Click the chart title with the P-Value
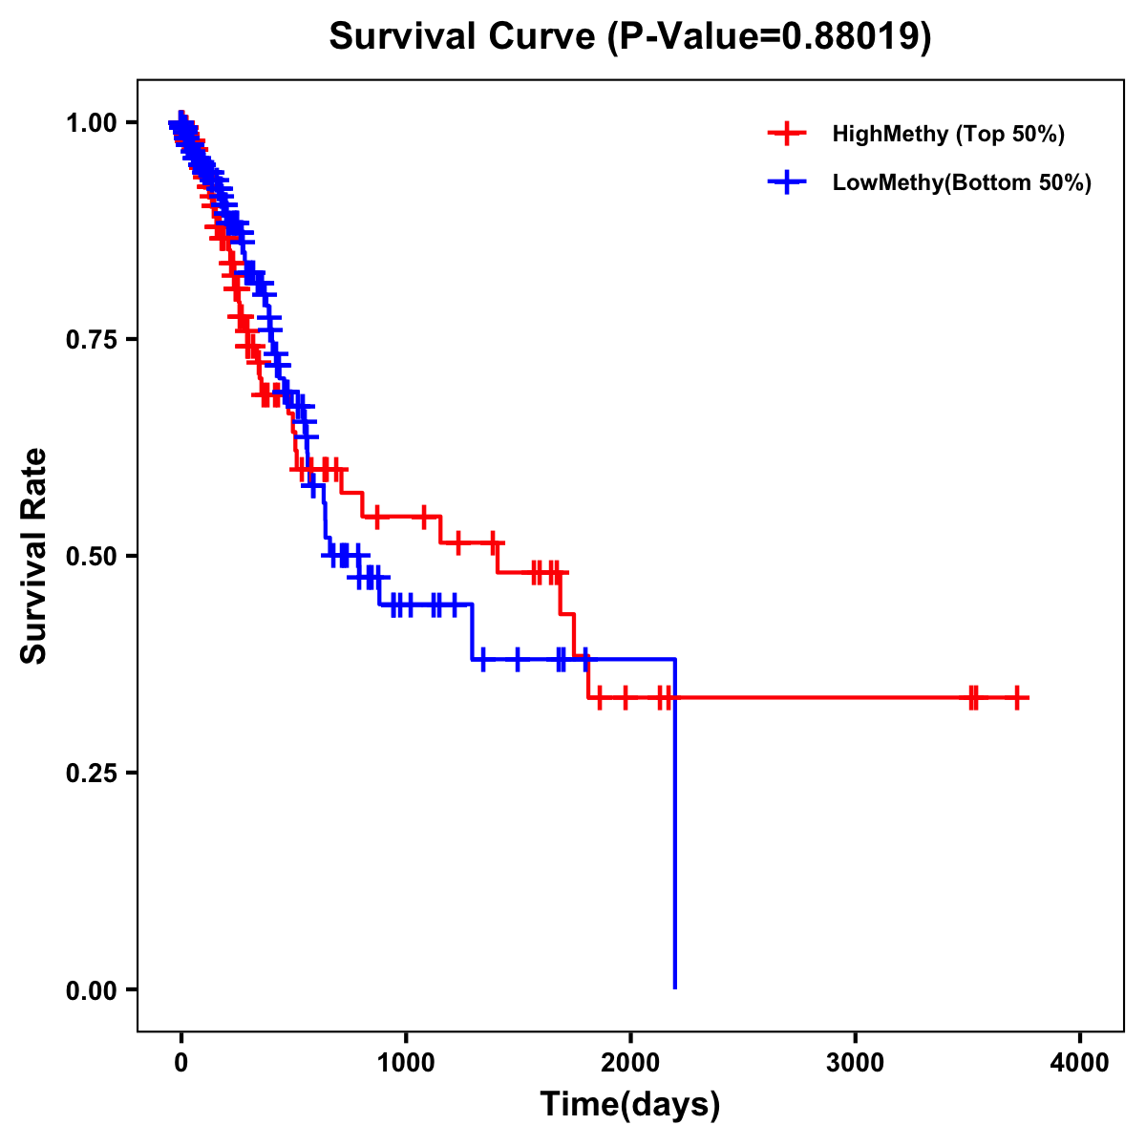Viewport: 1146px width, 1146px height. point(629,36)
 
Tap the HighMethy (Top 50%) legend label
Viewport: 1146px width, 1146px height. point(947,134)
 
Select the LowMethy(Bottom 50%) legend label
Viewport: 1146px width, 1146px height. point(961,182)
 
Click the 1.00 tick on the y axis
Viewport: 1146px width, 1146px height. point(91,123)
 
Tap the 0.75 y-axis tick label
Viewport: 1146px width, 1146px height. point(91,340)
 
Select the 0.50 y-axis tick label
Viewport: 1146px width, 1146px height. point(91,557)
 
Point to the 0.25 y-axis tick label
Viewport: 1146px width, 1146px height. point(91,774)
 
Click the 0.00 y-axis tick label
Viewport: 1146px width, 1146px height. point(91,990)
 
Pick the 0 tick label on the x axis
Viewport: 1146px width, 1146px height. point(180,1063)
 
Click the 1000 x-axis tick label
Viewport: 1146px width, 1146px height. point(406,1063)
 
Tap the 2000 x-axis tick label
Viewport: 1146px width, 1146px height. point(630,1063)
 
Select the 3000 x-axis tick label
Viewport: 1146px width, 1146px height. point(855,1063)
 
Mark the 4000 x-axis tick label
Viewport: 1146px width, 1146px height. point(1080,1063)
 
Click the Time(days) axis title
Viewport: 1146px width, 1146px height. point(629,1105)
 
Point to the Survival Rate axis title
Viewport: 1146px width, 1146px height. point(34,556)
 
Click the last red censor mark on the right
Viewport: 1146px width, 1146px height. point(1017,698)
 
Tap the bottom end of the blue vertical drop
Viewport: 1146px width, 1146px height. point(675,987)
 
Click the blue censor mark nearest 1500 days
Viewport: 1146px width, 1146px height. point(517,659)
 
